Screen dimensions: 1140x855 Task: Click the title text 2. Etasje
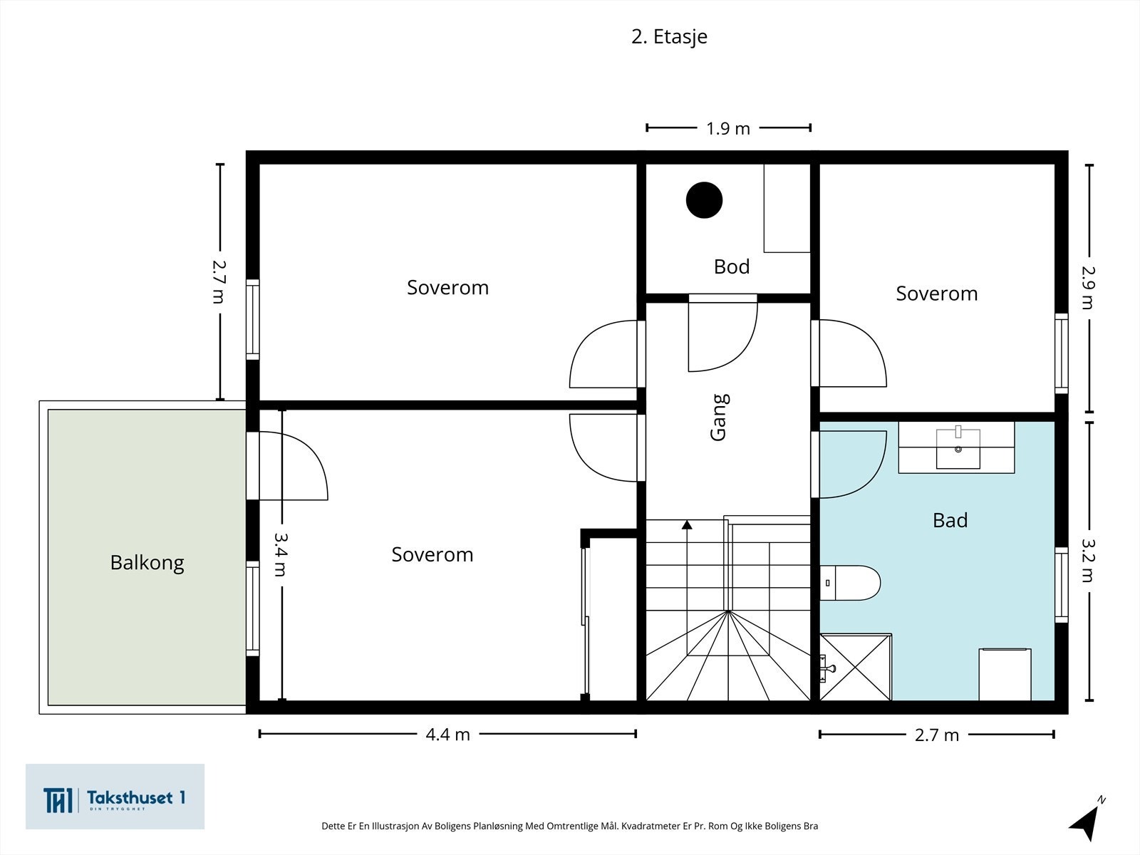669,37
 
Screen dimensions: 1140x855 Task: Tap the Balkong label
147,563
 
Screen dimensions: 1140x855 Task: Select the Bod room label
732,266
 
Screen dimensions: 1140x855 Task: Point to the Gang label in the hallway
720,418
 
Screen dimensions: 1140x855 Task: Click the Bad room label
950,520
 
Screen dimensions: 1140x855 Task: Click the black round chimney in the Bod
704,200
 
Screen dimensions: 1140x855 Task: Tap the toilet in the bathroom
850,582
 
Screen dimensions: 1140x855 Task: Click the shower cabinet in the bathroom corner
856,667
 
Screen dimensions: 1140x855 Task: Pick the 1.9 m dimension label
728,129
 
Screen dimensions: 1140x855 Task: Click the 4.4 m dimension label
447,735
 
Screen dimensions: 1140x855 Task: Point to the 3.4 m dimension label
280,554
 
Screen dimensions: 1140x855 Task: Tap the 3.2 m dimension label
1088,560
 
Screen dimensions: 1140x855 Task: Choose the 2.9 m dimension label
1088,288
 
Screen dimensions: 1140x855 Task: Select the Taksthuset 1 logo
115,797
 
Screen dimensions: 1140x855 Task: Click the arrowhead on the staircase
687,525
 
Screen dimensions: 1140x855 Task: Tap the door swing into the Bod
723,337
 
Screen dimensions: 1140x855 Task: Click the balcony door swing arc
294,466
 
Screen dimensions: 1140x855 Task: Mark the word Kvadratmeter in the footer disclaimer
651,826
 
